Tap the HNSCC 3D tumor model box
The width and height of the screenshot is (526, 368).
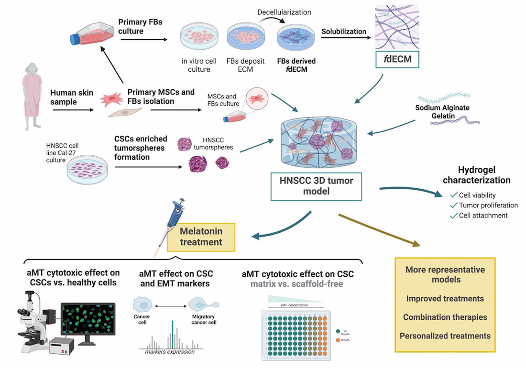pos(316,187)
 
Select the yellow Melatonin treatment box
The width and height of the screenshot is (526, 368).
pos(201,237)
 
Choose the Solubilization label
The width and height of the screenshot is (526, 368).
pos(343,32)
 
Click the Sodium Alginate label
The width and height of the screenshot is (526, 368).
pos(442,108)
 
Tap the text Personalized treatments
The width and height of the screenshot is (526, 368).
pos(445,336)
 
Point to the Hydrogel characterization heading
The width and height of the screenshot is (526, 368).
pos(476,175)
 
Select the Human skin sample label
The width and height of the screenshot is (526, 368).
pos(72,97)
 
